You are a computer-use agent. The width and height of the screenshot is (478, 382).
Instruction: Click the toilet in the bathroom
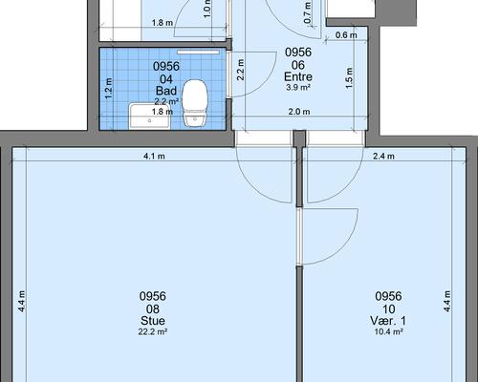195,103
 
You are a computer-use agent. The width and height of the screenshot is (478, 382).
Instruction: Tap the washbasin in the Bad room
149,117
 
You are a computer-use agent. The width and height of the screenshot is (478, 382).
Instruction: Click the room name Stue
153,321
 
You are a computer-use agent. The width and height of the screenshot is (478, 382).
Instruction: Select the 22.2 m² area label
153,331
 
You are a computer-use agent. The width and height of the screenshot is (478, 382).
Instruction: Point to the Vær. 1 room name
388,321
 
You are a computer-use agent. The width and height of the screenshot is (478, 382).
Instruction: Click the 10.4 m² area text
388,331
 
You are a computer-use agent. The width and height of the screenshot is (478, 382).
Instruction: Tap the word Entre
298,76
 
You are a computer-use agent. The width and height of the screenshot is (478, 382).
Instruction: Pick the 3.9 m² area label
298,88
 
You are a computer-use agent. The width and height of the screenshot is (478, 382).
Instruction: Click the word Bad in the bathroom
166,91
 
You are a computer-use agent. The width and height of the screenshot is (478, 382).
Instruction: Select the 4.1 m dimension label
154,157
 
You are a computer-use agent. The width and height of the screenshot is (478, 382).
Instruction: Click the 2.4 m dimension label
383,157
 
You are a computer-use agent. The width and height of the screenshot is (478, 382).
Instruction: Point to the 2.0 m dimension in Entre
299,112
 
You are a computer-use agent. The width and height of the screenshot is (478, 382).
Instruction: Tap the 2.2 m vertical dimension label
241,70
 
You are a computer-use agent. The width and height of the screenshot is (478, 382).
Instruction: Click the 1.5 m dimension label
349,78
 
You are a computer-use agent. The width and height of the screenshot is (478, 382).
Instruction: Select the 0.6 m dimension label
346,35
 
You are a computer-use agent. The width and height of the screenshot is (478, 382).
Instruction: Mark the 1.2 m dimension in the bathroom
109,89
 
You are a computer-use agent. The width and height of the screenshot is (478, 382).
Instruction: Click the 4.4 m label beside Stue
21,301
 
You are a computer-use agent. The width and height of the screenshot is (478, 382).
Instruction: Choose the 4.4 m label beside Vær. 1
447,301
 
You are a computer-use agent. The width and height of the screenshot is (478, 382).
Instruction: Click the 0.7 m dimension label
307,12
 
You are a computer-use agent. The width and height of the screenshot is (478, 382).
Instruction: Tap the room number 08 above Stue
153,308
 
